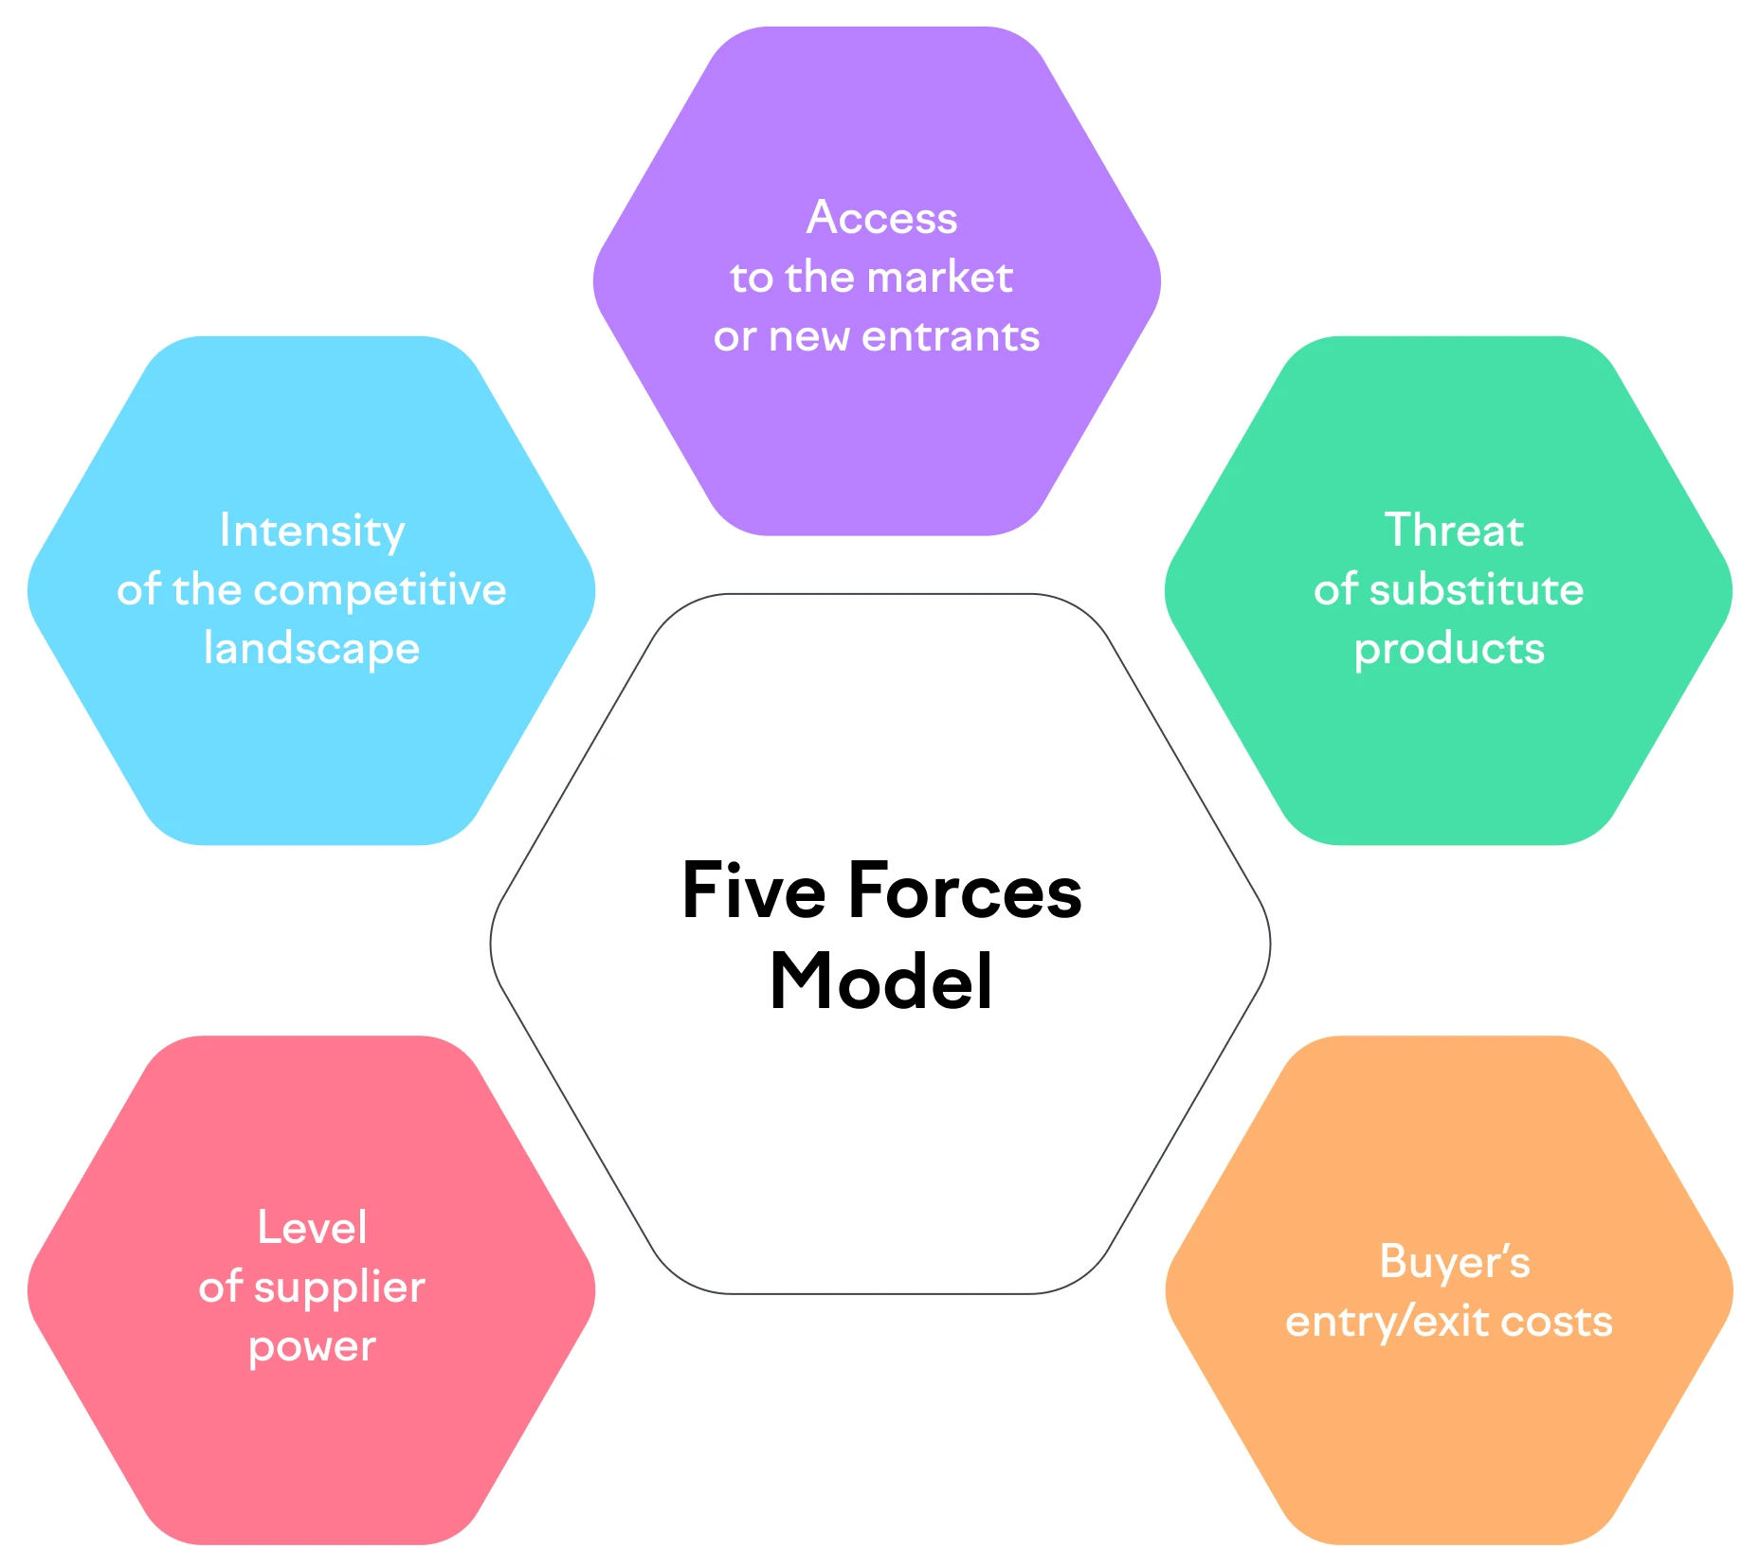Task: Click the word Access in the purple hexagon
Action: (881, 218)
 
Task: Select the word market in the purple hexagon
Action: (939, 278)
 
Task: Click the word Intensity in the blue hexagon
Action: (312, 531)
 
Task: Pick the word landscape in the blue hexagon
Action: (312, 649)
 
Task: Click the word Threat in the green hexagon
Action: (1453, 531)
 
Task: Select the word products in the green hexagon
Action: (1449, 649)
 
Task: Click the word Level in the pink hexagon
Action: (312, 1228)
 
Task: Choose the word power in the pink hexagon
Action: (312, 1346)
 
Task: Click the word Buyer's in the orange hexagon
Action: (1454, 1262)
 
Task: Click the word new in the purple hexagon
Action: (808, 337)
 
